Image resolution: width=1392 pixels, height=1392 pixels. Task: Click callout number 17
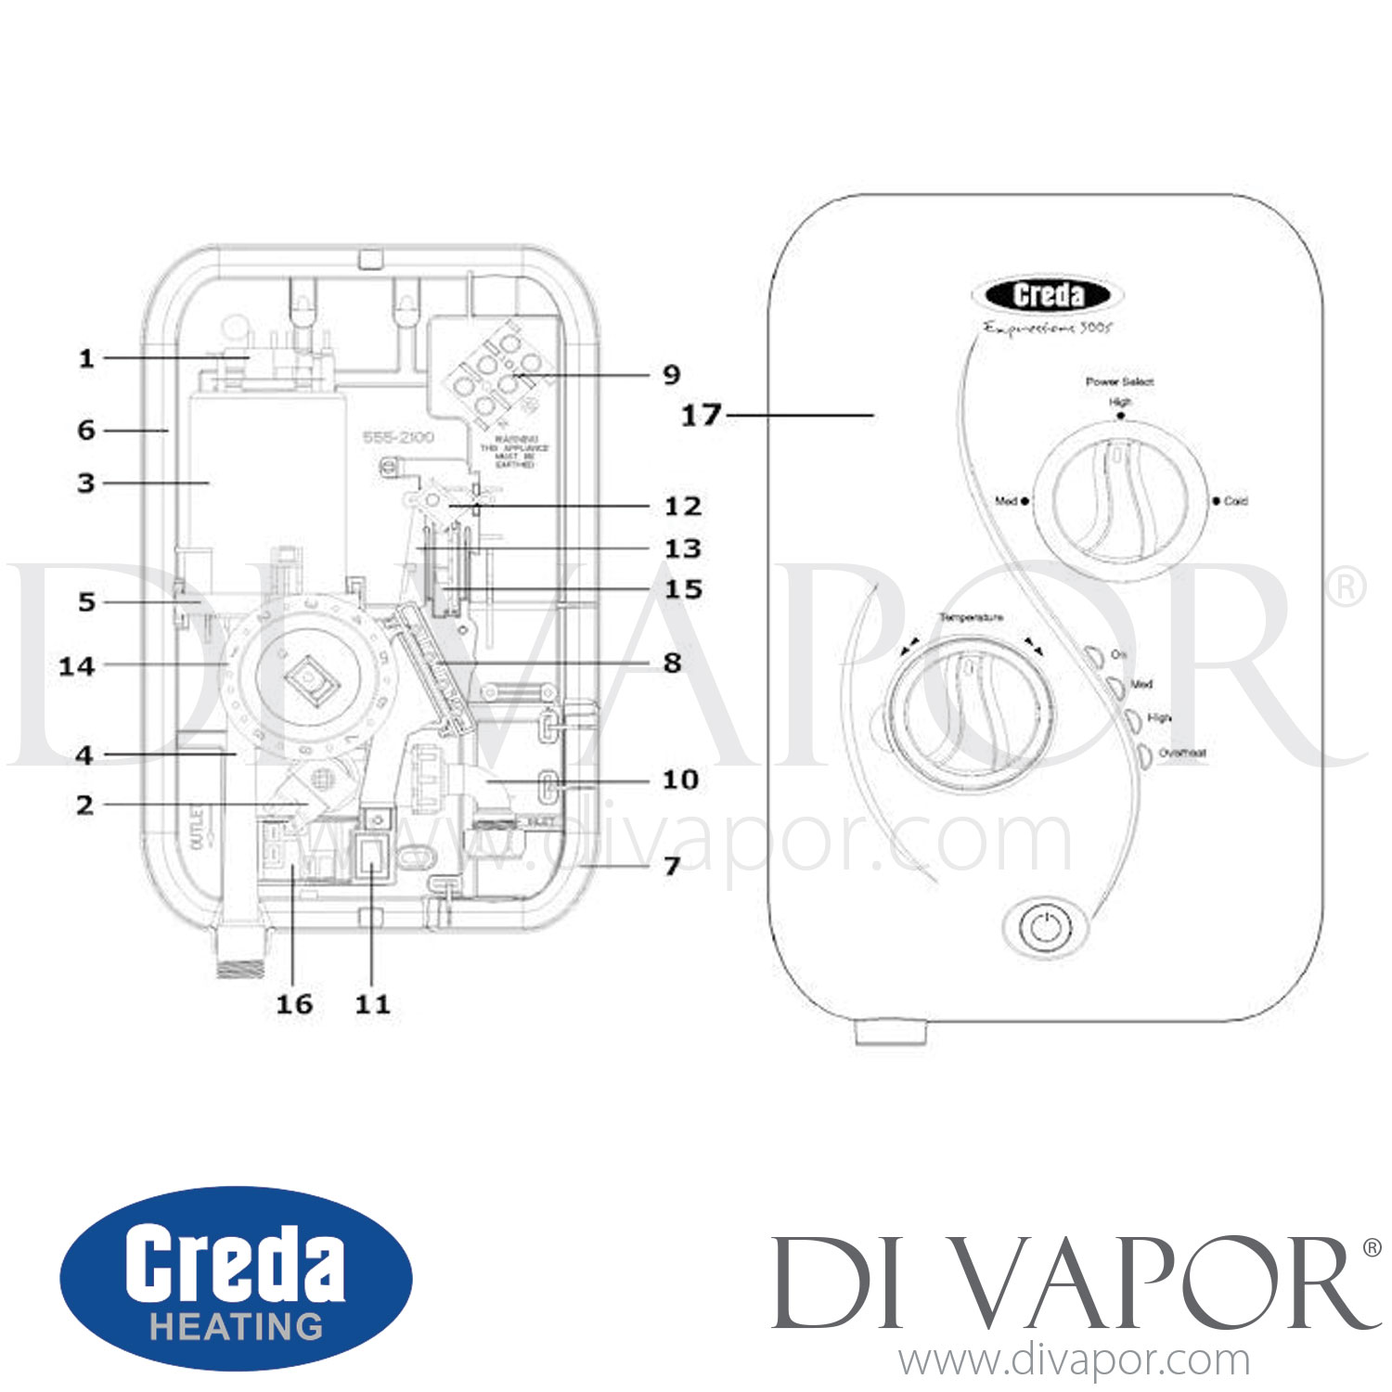pos(701,415)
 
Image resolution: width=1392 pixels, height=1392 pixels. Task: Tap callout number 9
pos(672,375)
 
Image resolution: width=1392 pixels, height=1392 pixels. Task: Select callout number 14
pos(77,666)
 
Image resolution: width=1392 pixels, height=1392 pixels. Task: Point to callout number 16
pos(294,1004)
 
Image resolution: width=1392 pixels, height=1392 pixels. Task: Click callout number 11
pos(373,1004)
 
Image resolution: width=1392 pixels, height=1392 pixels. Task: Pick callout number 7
pos(672,866)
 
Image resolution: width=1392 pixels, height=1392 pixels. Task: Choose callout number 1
pos(86,358)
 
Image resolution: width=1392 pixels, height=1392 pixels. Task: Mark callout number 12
pos(683,507)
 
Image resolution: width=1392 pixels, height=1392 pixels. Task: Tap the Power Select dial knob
pos(1120,500)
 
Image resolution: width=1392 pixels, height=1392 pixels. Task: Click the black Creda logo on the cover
pos(1048,296)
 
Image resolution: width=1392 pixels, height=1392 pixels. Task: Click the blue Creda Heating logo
pos(236,1278)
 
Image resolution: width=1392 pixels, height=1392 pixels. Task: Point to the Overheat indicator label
pos(1181,753)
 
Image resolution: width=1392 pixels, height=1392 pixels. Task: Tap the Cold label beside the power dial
pos(1235,501)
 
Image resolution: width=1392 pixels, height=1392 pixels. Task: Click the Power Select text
pos(1119,381)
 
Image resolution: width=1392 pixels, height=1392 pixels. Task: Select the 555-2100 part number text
pos(398,437)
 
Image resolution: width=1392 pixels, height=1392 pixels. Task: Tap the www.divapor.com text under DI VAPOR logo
pos(1074,1360)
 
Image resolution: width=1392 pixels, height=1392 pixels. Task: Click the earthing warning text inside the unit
pos(514,451)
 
